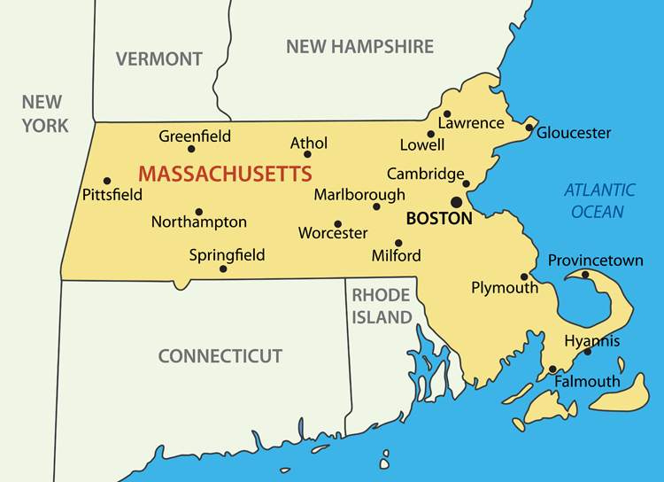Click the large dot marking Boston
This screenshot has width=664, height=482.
pyautogui.click(x=457, y=202)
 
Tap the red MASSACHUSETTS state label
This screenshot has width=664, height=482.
pyautogui.click(x=226, y=172)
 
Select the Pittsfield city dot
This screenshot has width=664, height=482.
pyautogui.click(x=107, y=181)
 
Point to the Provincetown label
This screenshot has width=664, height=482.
pyautogui.click(x=595, y=260)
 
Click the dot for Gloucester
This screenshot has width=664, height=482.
pyautogui.click(x=529, y=128)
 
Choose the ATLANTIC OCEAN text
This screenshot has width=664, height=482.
pyautogui.click(x=599, y=200)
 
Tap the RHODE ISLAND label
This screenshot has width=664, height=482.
pyautogui.click(x=382, y=306)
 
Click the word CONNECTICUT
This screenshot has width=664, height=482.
pyautogui.click(x=220, y=356)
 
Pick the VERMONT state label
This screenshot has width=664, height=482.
pyautogui.click(x=159, y=59)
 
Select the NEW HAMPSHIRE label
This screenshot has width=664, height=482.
pyautogui.click(x=359, y=47)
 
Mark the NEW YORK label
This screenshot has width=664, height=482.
pyautogui.click(x=46, y=113)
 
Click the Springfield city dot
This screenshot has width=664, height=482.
pyautogui.click(x=223, y=268)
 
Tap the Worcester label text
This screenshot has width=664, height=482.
pyautogui.click(x=333, y=234)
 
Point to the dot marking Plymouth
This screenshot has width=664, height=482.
pyautogui.click(x=524, y=276)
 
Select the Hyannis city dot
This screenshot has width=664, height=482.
pyautogui.click(x=586, y=353)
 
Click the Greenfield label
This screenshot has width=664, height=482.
pyautogui.click(x=195, y=136)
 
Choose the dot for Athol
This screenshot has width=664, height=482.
pyautogui.click(x=307, y=154)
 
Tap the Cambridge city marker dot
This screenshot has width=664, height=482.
pyautogui.click(x=467, y=184)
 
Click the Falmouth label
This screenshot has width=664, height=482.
pyautogui.click(x=587, y=382)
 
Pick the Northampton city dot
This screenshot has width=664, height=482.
pyautogui.click(x=199, y=212)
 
